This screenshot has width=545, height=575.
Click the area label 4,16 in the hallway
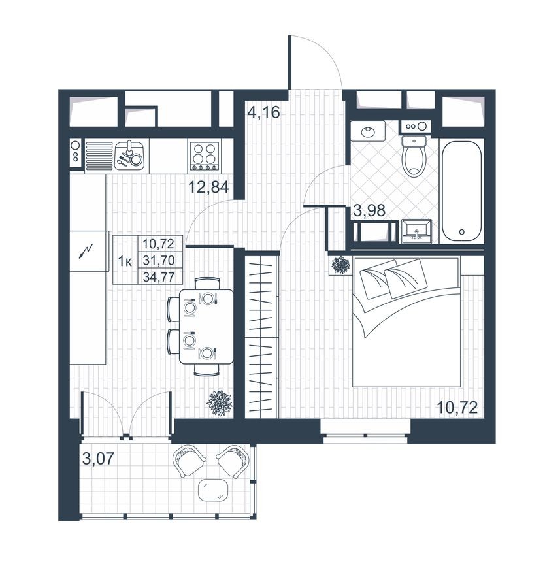pos(263,112)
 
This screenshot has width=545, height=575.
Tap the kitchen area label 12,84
pos(208,188)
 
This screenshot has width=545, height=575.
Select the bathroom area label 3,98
pos(370,210)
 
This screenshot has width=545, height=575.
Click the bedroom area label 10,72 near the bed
pos(457,408)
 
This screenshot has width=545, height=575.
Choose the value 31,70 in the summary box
pos(158,260)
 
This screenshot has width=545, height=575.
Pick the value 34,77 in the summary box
pos(158,276)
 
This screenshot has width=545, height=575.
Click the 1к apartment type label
pos(125,261)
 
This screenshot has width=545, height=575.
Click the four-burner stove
pos(204,156)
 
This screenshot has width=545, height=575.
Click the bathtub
pos(461,190)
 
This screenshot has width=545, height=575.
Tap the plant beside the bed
pos(340,265)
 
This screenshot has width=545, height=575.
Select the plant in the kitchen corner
pos(220,402)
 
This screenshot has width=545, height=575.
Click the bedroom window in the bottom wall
pos(365,431)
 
